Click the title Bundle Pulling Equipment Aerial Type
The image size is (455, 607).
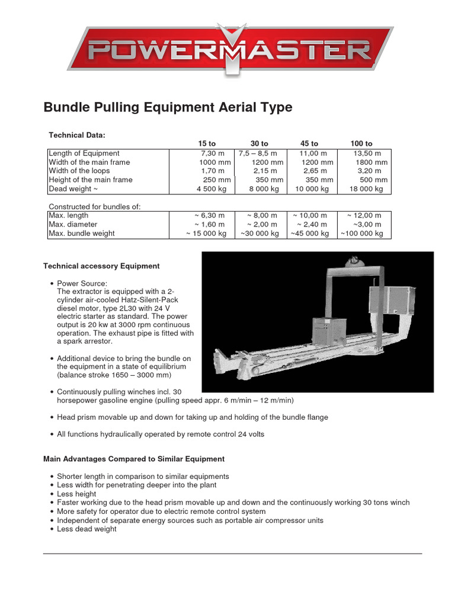click(x=168, y=107)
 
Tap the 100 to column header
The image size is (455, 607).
click(x=361, y=143)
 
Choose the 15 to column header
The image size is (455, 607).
click(x=207, y=143)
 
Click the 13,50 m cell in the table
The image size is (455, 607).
click(x=367, y=153)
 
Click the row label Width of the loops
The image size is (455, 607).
click(x=79, y=171)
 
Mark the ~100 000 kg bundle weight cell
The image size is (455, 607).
click(x=361, y=233)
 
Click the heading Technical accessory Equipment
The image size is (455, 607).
click(x=101, y=266)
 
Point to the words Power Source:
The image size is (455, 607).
click(x=82, y=283)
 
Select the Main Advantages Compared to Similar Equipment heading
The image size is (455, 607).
click(x=134, y=459)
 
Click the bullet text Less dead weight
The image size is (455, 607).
click(x=86, y=529)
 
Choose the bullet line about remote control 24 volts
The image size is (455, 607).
click(x=161, y=434)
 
